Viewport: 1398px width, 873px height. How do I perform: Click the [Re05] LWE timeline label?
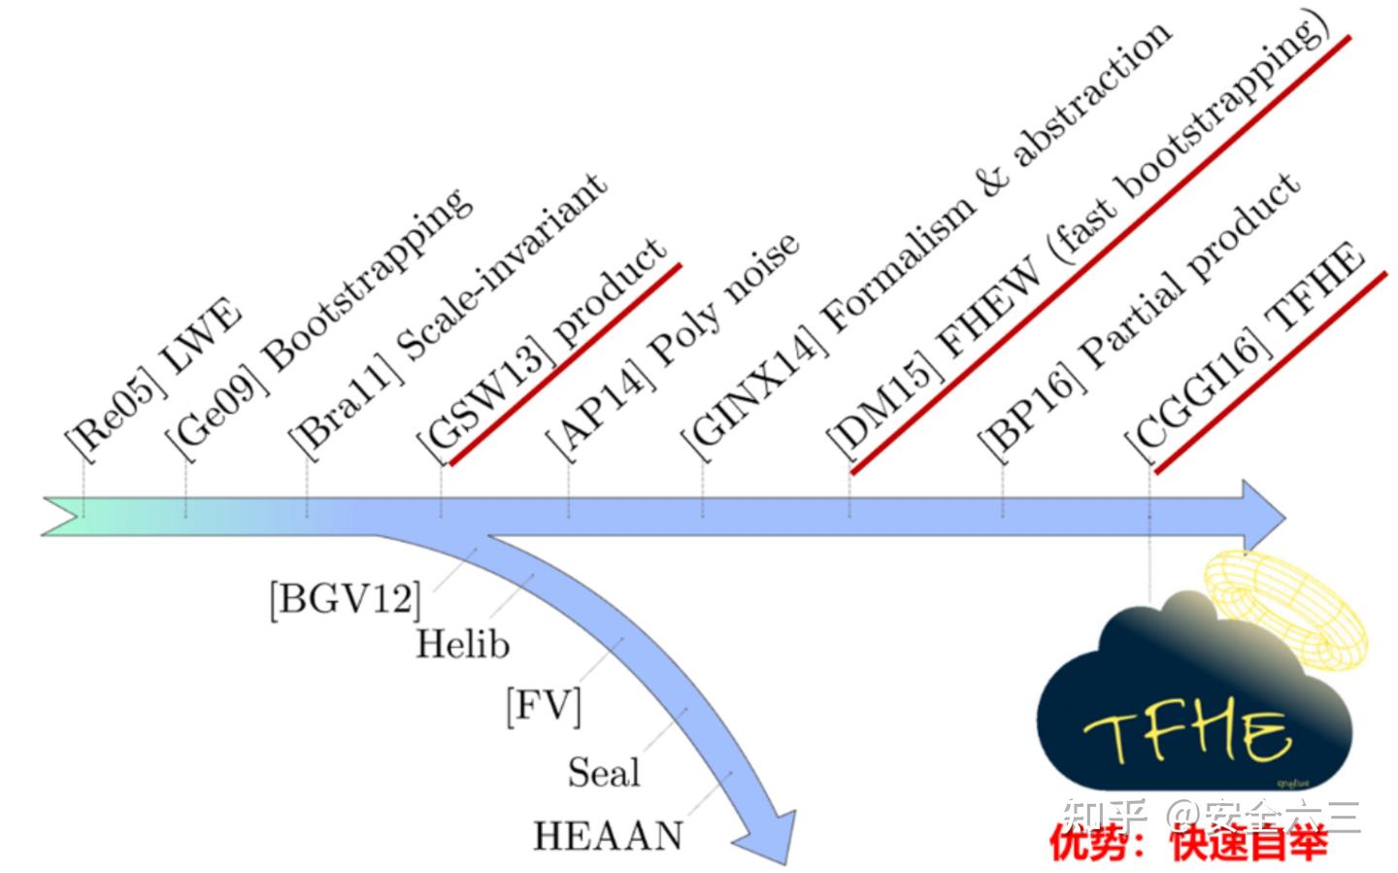coord(153,379)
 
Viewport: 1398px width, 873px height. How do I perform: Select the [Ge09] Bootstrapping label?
coord(320,320)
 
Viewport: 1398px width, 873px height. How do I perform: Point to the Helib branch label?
coord(462,644)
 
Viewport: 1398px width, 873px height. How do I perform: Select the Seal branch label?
coord(604,772)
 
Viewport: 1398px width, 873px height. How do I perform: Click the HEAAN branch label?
coord(608,835)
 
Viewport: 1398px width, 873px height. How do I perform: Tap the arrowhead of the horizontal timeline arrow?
coord(1262,515)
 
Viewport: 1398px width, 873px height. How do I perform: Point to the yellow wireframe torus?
coord(1286,607)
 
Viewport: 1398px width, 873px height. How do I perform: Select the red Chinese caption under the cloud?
coord(1188,844)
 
